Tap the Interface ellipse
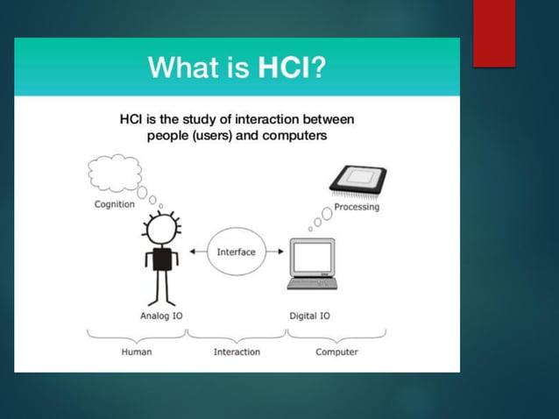tap(236, 252)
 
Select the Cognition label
tap(115, 204)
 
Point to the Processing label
tap(357, 207)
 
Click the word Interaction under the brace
tap(237, 352)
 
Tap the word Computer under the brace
tap(336, 352)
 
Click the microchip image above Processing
tap(357, 180)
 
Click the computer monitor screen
tap(313, 256)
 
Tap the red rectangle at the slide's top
tap(493, 32)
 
